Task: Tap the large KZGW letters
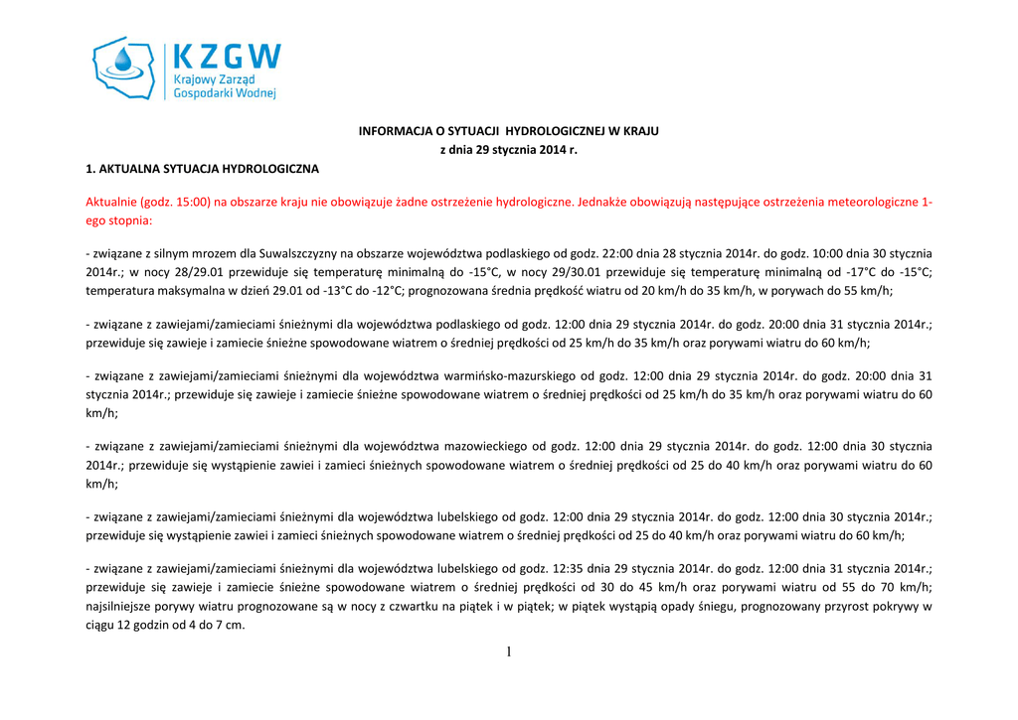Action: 227,57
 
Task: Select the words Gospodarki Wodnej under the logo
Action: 224,92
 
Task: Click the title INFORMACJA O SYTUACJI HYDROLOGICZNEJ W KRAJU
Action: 508,131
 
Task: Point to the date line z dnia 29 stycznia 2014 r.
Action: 508,150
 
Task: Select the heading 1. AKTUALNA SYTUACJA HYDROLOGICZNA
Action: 202,169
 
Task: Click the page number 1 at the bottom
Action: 509,652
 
